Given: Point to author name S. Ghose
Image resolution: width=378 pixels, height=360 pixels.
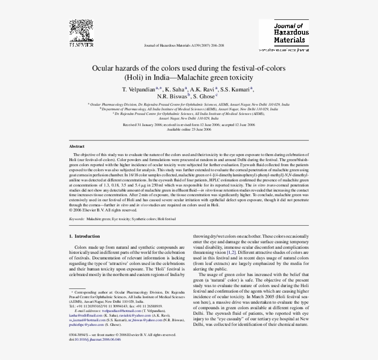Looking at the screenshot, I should click(203, 96).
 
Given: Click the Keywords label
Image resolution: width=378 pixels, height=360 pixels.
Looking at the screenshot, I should click(77, 219).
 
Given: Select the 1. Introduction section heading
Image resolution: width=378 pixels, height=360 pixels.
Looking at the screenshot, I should click(84, 236).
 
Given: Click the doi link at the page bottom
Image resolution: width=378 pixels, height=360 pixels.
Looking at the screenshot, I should click(95, 339).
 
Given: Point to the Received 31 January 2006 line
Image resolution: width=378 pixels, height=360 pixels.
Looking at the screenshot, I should click(189, 125).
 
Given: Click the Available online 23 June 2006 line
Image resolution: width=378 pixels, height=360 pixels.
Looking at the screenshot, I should click(189, 129).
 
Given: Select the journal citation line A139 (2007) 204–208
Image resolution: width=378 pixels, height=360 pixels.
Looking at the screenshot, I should click(184, 46).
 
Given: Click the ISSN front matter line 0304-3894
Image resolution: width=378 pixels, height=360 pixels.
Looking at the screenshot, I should click(122, 335).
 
